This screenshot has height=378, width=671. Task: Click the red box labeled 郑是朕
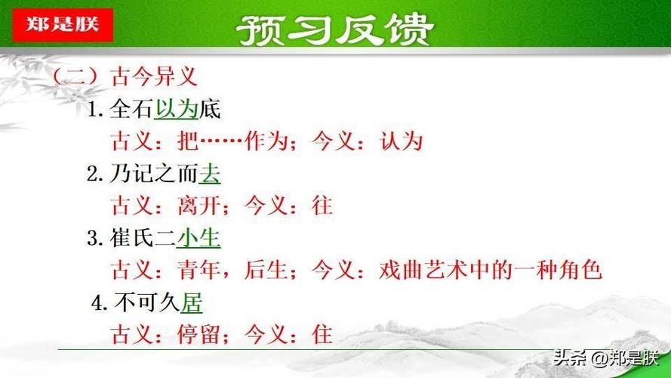(x=63, y=25)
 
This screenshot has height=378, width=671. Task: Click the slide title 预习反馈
(x=335, y=29)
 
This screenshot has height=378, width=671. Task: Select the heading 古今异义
(x=154, y=77)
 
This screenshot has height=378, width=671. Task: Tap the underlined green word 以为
(x=177, y=109)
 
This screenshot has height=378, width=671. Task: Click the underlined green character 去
(x=210, y=174)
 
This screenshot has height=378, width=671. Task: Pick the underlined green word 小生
(x=199, y=238)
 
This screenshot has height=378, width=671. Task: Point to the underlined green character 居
(x=191, y=303)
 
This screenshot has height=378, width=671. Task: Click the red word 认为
(x=402, y=141)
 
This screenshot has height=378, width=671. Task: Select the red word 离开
(x=199, y=206)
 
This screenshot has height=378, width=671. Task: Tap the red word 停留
(x=199, y=335)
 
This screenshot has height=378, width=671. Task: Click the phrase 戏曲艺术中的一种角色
(x=491, y=271)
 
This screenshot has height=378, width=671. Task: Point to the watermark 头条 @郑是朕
(x=605, y=358)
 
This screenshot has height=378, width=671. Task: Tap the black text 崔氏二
(x=143, y=238)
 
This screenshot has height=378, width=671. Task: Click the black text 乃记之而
(x=154, y=174)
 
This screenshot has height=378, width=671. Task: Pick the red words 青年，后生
(x=232, y=271)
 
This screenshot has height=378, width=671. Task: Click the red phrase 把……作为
(x=232, y=141)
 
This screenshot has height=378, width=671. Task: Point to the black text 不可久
(x=147, y=303)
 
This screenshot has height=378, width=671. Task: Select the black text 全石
(x=132, y=109)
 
